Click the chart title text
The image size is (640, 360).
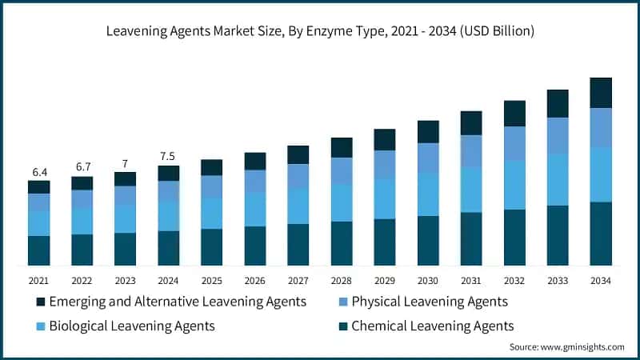pyautogui.click(x=320, y=31)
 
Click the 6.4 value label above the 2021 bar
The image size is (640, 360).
pyautogui.click(x=38, y=172)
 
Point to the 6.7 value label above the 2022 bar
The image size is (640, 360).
pyautogui.click(x=82, y=167)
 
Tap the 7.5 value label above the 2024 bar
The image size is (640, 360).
pyautogui.click(x=168, y=157)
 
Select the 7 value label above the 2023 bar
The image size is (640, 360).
pyautogui.click(x=125, y=163)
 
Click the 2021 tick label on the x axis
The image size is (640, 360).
pyautogui.click(x=38, y=280)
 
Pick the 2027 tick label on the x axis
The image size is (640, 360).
pyautogui.click(x=298, y=280)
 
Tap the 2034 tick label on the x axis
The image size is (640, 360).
pyautogui.click(x=600, y=280)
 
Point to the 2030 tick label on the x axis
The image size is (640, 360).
pyautogui.click(x=427, y=280)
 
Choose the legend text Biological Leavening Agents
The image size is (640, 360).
pyautogui.click(x=132, y=326)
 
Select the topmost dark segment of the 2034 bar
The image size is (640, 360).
pyautogui.click(x=601, y=93)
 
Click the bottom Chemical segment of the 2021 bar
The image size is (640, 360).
pyautogui.click(x=38, y=250)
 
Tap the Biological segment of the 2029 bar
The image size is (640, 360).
pyautogui.click(x=384, y=198)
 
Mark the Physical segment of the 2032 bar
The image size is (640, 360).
pyautogui.click(x=514, y=143)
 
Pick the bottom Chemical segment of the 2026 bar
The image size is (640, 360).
pyautogui.click(x=254, y=246)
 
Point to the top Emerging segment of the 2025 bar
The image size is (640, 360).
pyautogui.click(x=211, y=167)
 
